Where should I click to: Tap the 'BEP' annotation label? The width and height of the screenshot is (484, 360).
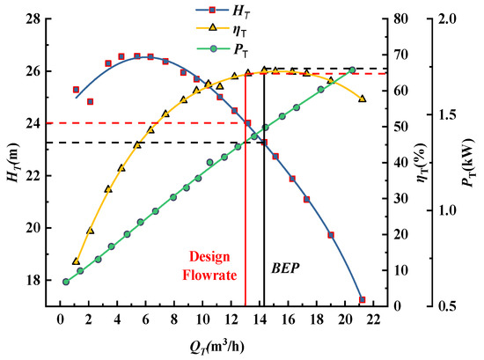(285, 265)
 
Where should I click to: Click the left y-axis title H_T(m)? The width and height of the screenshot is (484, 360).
(11, 163)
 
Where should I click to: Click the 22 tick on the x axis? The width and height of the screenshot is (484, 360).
(373, 320)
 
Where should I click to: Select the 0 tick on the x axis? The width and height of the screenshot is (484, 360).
(60, 320)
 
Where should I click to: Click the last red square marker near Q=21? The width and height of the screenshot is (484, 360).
(362, 300)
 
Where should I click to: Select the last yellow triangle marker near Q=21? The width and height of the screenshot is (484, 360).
(362, 99)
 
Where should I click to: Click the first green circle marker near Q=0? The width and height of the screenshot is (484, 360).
(66, 282)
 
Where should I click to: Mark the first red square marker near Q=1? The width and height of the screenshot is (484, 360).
(76, 90)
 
